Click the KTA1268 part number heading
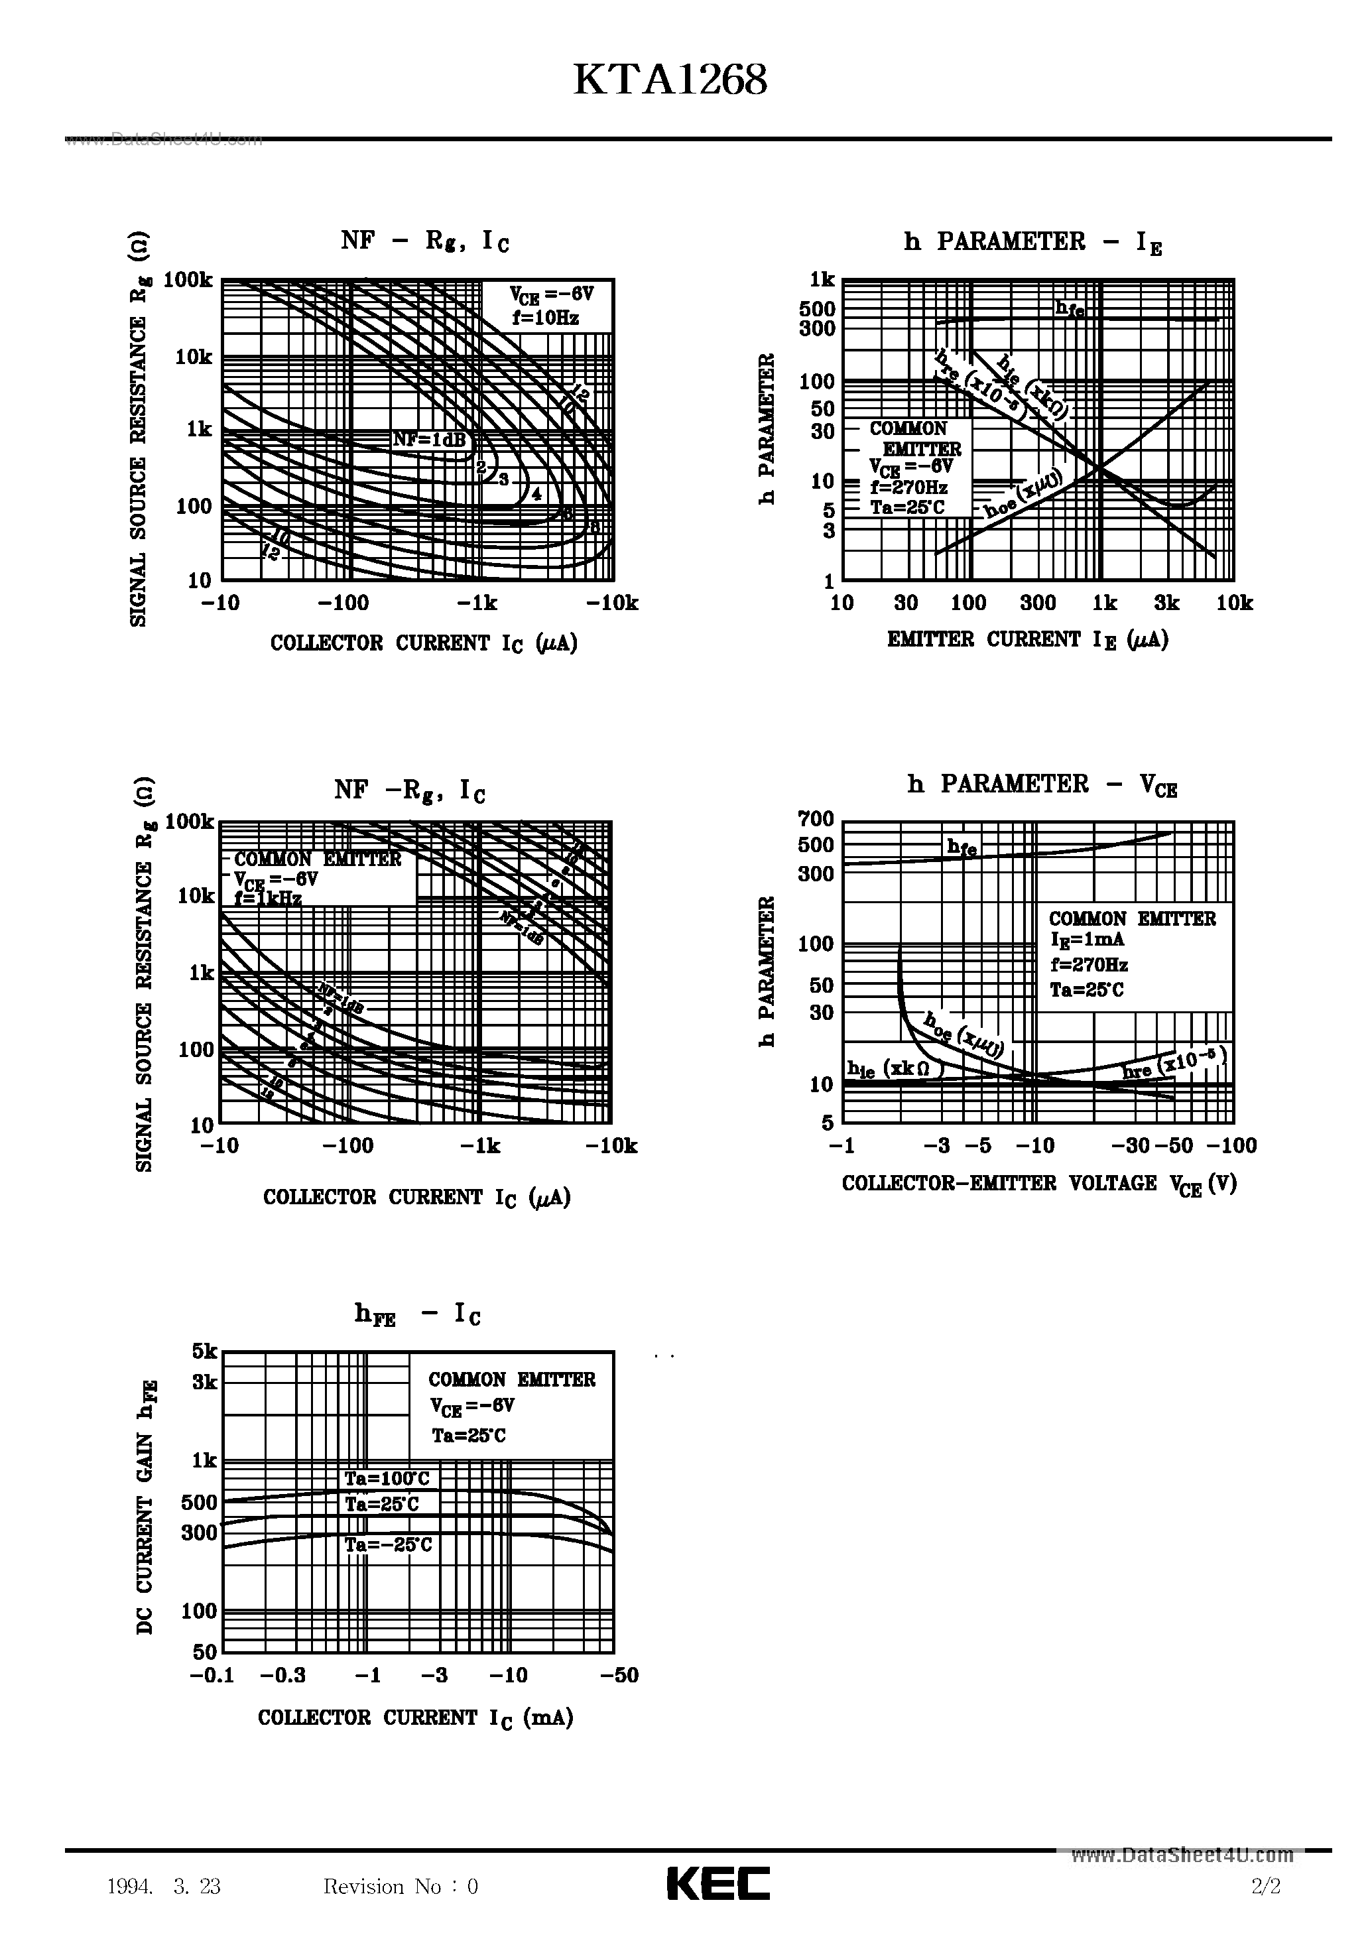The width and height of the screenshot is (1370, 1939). coord(670,81)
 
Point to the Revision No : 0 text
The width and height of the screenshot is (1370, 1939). coord(401,1887)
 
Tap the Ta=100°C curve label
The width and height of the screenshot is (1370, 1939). coord(386,1479)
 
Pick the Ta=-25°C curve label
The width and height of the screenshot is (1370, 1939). coord(388,1544)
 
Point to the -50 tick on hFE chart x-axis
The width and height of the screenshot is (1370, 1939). coord(620,1676)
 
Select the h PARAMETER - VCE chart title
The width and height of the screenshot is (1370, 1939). coord(1042,784)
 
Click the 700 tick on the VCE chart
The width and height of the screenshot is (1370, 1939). coord(815,818)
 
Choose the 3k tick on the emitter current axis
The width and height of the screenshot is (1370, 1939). coord(1166,603)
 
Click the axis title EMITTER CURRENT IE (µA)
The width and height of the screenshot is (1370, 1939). coord(1027,640)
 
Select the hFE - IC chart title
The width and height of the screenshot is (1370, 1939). coord(416,1314)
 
